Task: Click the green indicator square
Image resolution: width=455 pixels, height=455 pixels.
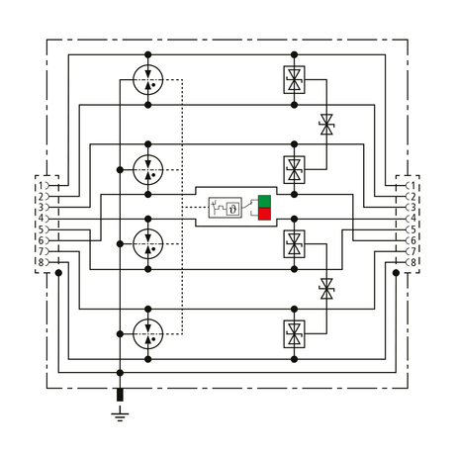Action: tap(264, 202)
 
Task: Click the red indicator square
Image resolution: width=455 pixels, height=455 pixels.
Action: tap(264, 214)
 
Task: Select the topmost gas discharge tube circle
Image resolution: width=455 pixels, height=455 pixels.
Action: tap(148, 80)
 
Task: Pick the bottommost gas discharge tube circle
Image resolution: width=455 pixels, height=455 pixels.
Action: tap(148, 334)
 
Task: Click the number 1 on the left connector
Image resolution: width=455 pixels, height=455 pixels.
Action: tap(41, 186)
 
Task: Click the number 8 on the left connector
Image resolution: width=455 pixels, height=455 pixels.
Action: tap(41, 263)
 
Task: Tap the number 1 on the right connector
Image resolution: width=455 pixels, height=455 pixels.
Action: tap(413, 186)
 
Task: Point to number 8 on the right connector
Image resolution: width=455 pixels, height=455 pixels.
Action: tap(412, 263)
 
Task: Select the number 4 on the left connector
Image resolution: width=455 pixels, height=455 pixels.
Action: tap(41, 219)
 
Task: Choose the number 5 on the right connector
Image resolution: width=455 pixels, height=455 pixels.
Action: tap(413, 229)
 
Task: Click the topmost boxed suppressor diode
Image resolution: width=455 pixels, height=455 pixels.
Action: tap(294, 80)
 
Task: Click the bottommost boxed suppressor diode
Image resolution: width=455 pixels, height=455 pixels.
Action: tap(294, 334)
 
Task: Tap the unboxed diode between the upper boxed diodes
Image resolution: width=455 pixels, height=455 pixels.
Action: tap(326, 125)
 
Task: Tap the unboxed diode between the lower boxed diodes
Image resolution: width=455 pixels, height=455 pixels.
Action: tap(326, 289)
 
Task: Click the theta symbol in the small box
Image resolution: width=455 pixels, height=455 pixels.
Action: tap(233, 209)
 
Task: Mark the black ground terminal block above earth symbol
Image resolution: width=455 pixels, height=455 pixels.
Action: tap(120, 395)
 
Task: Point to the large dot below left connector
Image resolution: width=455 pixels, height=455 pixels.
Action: tap(58, 273)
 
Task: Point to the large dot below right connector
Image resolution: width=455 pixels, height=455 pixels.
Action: tap(397, 273)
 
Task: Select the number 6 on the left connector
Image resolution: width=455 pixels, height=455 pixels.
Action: tap(41, 240)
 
